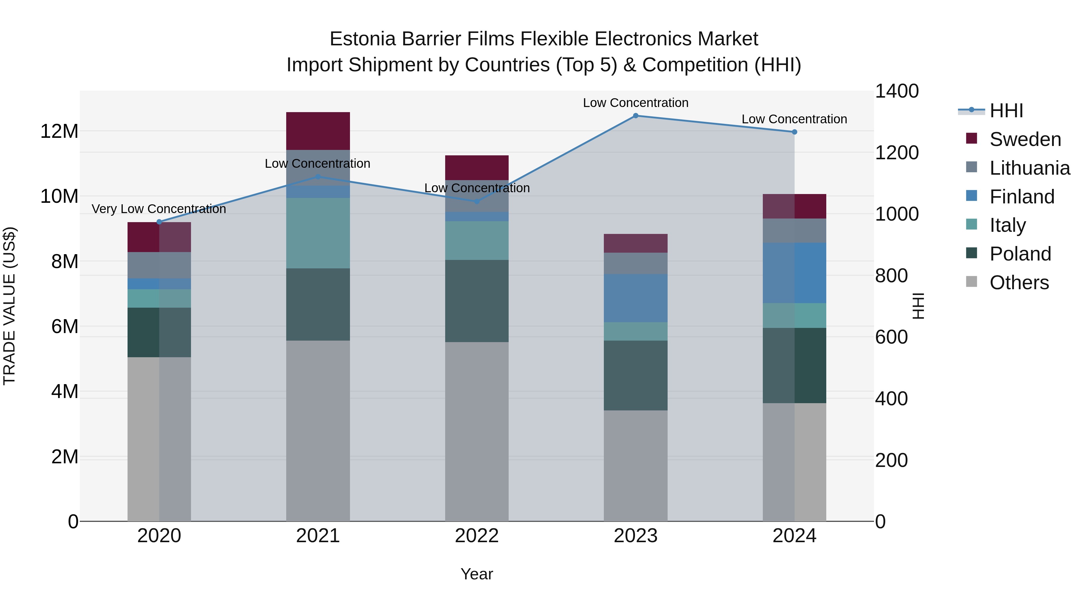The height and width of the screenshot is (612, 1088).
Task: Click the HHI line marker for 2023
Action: tap(636, 116)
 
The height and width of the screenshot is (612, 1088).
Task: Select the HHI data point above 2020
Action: tap(159, 222)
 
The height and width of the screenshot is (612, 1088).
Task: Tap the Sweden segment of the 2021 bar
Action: tap(318, 131)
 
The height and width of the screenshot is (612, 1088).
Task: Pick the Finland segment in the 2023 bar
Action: tap(636, 298)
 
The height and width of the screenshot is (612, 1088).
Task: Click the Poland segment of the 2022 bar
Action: tap(477, 301)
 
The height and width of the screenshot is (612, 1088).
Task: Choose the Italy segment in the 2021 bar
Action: tap(318, 233)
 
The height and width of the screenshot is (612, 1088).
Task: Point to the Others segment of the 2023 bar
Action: tap(636, 465)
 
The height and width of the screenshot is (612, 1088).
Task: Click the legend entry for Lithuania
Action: tap(1029, 168)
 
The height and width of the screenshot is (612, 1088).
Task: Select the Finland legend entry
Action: tap(1022, 197)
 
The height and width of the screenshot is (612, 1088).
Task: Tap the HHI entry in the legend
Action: tap(1006, 111)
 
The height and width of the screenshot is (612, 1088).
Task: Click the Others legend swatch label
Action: tap(1019, 283)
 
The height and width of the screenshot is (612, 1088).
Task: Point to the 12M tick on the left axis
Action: tap(59, 131)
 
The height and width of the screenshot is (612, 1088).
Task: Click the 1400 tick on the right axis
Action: tap(897, 91)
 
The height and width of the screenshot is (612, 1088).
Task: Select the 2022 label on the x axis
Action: tap(477, 536)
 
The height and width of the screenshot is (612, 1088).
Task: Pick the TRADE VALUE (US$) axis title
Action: tap(10, 306)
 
